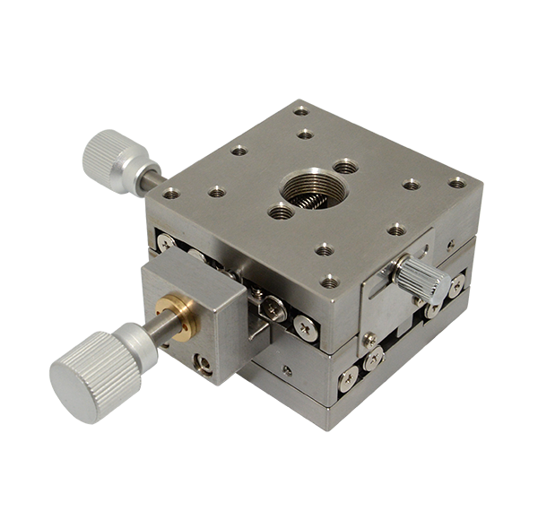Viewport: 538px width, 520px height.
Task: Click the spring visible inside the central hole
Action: (x=308, y=199)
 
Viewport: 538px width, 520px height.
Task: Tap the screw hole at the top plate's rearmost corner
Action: (x=300, y=111)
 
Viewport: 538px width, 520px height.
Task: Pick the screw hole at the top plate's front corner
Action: (x=330, y=281)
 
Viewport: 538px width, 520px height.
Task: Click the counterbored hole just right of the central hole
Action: (x=346, y=166)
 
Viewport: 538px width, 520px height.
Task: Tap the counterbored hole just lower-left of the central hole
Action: (x=281, y=212)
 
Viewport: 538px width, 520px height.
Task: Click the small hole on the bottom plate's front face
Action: (x=287, y=369)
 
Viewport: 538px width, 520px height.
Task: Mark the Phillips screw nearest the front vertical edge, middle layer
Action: (x=307, y=328)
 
